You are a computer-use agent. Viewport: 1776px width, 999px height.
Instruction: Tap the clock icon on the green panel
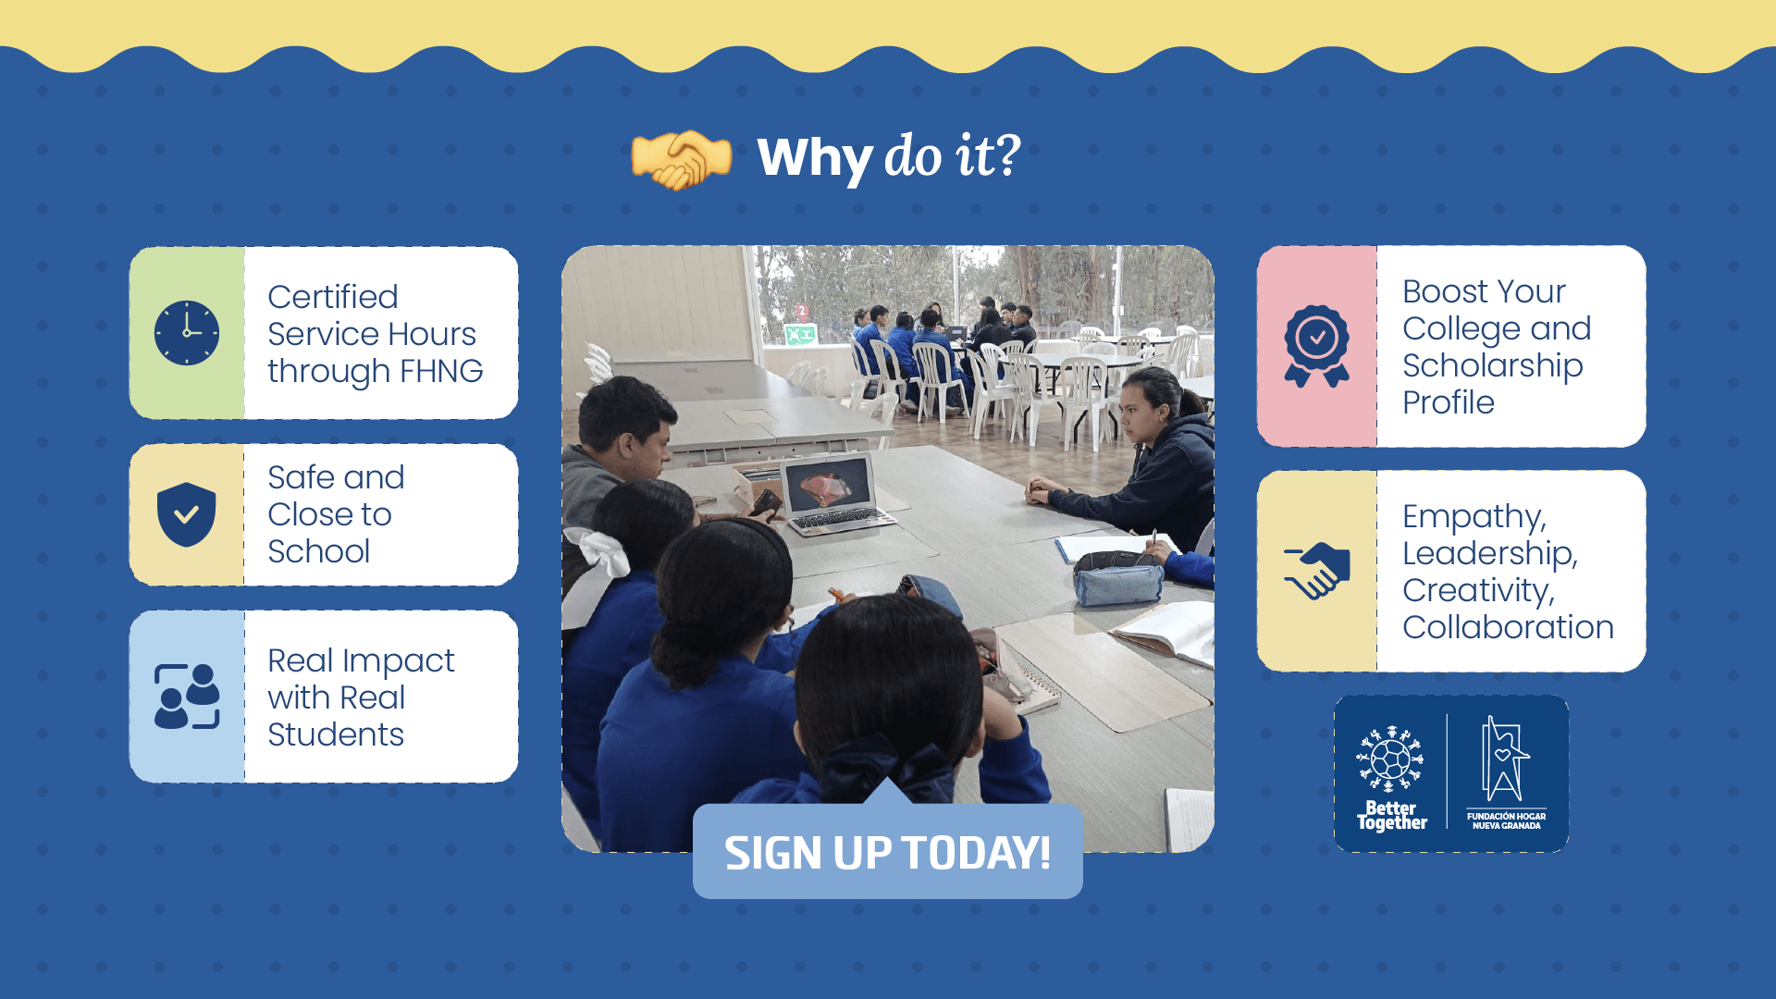coord(187,333)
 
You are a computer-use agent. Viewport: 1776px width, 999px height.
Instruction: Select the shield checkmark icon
coord(187,514)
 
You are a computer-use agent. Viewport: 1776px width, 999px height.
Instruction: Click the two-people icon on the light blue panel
coord(187,697)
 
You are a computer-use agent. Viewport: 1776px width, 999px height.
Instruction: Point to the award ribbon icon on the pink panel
coord(1316,346)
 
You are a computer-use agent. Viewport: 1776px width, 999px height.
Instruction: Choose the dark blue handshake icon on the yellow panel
coord(1317,571)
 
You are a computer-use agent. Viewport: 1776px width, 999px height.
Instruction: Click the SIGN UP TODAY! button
coord(888,851)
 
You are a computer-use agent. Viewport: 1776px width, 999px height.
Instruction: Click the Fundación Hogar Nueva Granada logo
coord(1506,773)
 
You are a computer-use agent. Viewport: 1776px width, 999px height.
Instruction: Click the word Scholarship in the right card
coord(1492,365)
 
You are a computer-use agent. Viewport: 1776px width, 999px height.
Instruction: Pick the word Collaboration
coord(1508,627)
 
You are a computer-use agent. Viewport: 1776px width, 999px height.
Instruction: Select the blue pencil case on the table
coord(1118,577)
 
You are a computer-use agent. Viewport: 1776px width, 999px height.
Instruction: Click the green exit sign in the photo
coord(800,334)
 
